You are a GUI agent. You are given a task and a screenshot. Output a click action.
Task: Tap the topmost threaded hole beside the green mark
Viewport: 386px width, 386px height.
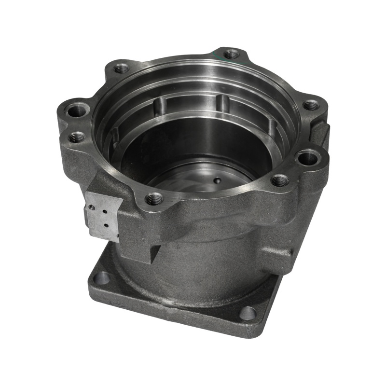point(232,54)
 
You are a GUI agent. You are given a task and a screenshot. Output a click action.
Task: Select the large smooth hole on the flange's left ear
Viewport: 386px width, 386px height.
point(77,111)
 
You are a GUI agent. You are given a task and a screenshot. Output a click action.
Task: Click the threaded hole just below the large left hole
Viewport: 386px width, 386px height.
point(76,138)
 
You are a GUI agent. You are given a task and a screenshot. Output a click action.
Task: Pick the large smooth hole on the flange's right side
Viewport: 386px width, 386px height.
point(307,157)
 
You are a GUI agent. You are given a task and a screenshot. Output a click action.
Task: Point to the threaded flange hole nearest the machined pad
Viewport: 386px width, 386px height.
point(154,198)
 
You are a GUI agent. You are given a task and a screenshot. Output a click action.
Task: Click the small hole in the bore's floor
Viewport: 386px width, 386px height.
point(217,181)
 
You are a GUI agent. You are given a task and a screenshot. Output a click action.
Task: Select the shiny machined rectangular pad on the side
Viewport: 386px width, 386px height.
point(102,216)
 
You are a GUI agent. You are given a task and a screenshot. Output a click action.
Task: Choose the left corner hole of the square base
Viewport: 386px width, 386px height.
point(102,278)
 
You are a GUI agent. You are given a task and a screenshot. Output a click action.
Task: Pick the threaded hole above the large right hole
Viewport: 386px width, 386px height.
point(311,105)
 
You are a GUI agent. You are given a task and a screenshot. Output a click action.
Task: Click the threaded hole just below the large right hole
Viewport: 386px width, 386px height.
point(280,181)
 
